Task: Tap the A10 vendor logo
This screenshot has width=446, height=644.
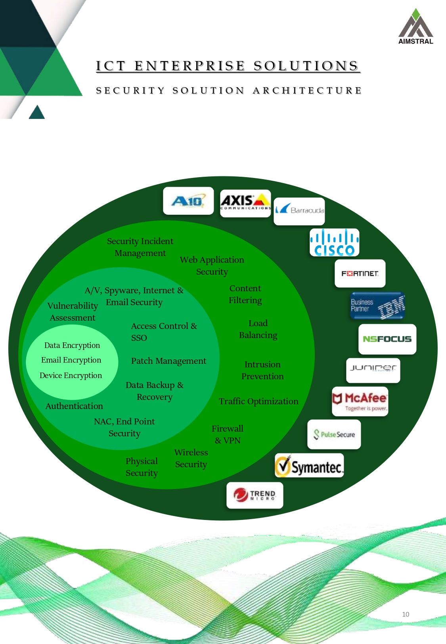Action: (188, 201)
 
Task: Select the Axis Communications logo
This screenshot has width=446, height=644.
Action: (245, 203)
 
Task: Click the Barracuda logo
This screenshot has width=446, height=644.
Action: (300, 210)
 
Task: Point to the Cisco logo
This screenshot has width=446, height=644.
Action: (334, 243)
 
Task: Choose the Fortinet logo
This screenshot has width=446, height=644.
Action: (360, 273)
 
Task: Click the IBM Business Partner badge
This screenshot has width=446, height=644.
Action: (377, 306)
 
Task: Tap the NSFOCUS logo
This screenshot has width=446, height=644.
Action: (387, 339)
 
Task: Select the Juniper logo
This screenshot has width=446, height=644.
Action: (373, 370)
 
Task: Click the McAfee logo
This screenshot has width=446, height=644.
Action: (360, 401)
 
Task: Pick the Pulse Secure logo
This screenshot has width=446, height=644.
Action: (334, 434)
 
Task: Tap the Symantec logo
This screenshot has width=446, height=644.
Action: (309, 466)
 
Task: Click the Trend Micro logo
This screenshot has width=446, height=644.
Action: (255, 495)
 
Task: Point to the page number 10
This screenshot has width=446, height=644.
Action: (406, 614)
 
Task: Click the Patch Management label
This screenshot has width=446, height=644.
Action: (168, 361)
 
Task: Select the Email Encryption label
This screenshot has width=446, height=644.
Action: (71, 360)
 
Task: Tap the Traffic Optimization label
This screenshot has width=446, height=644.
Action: (258, 401)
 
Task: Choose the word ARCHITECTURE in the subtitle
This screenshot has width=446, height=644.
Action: (307, 91)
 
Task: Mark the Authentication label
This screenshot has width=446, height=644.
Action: (74, 406)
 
